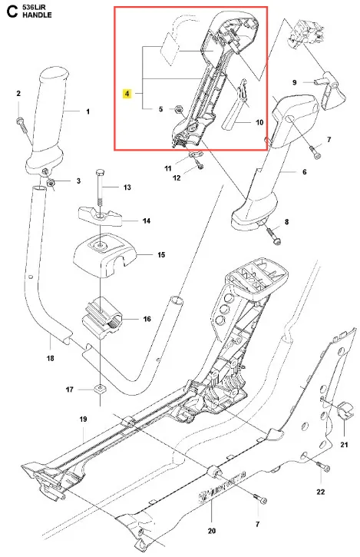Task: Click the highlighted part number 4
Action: pyautogui.click(x=127, y=94)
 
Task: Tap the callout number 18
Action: pyautogui.click(x=51, y=358)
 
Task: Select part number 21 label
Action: pyautogui.click(x=344, y=444)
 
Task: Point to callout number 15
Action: pyautogui.click(x=161, y=255)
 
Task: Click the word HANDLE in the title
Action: pyautogui.click(x=37, y=15)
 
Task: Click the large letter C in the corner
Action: pyautogui.click(x=12, y=11)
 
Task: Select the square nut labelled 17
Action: pyautogui.click(x=101, y=390)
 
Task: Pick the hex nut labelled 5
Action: pyautogui.click(x=179, y=109)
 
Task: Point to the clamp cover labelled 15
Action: pyautogui.click(x=104, y=254)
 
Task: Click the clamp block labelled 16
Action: pyautogui.click(x=102, y=317)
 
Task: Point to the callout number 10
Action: pyautogui.click(x=259, y=122)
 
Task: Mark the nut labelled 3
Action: pyautogui.click(x=51, y=183)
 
